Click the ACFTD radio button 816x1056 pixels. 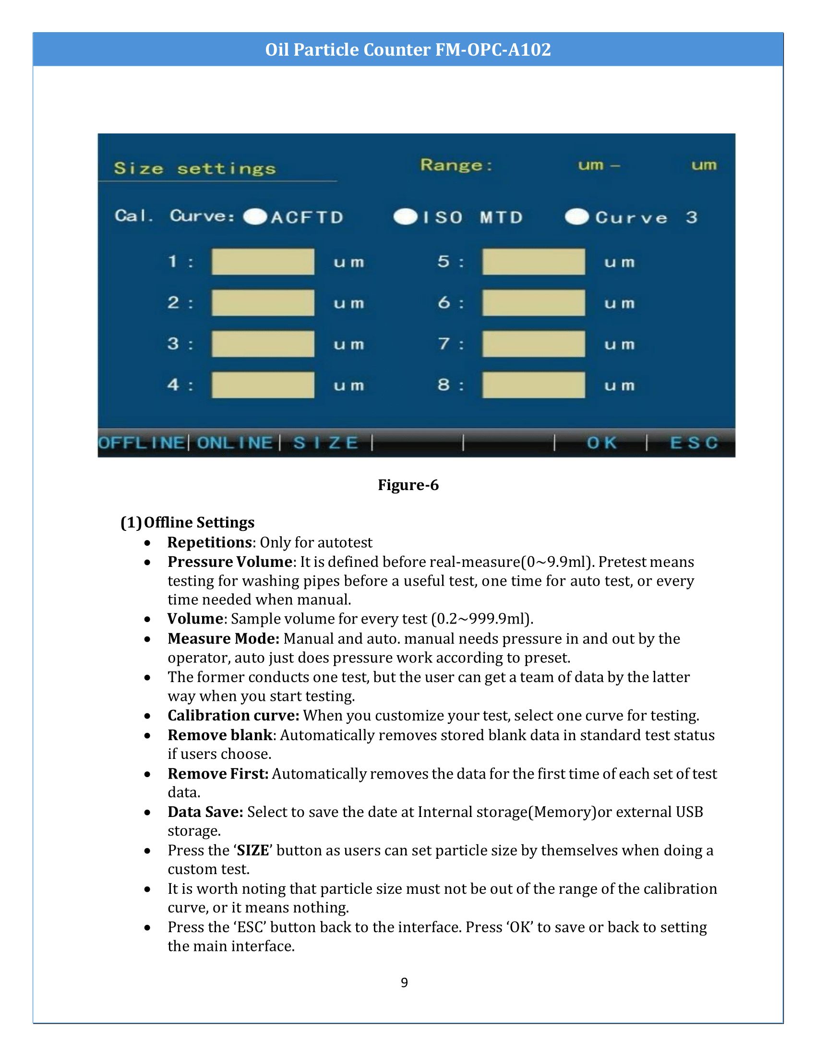click(255, 217)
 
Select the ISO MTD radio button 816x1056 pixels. click(405, 217)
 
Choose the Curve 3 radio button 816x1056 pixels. click(576, 217)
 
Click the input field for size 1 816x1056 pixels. click(263, 262)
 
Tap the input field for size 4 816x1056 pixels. click(263, 385)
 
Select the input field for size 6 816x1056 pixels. click(533, 303)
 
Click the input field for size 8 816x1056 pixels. click(533, 385)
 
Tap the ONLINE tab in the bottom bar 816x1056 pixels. click(234, 443)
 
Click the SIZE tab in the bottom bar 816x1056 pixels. click(326, 443)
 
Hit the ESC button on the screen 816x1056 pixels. click(694, 443)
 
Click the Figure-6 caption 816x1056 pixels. click(408, 485)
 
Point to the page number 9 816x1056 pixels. click(404, 983)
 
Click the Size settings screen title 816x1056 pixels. click(195, 169)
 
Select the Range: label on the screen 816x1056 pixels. click(456, 166)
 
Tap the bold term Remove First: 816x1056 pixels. click(218, 774)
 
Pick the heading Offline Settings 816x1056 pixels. click(199, 522)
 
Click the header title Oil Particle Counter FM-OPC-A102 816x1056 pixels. click(408, 50)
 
